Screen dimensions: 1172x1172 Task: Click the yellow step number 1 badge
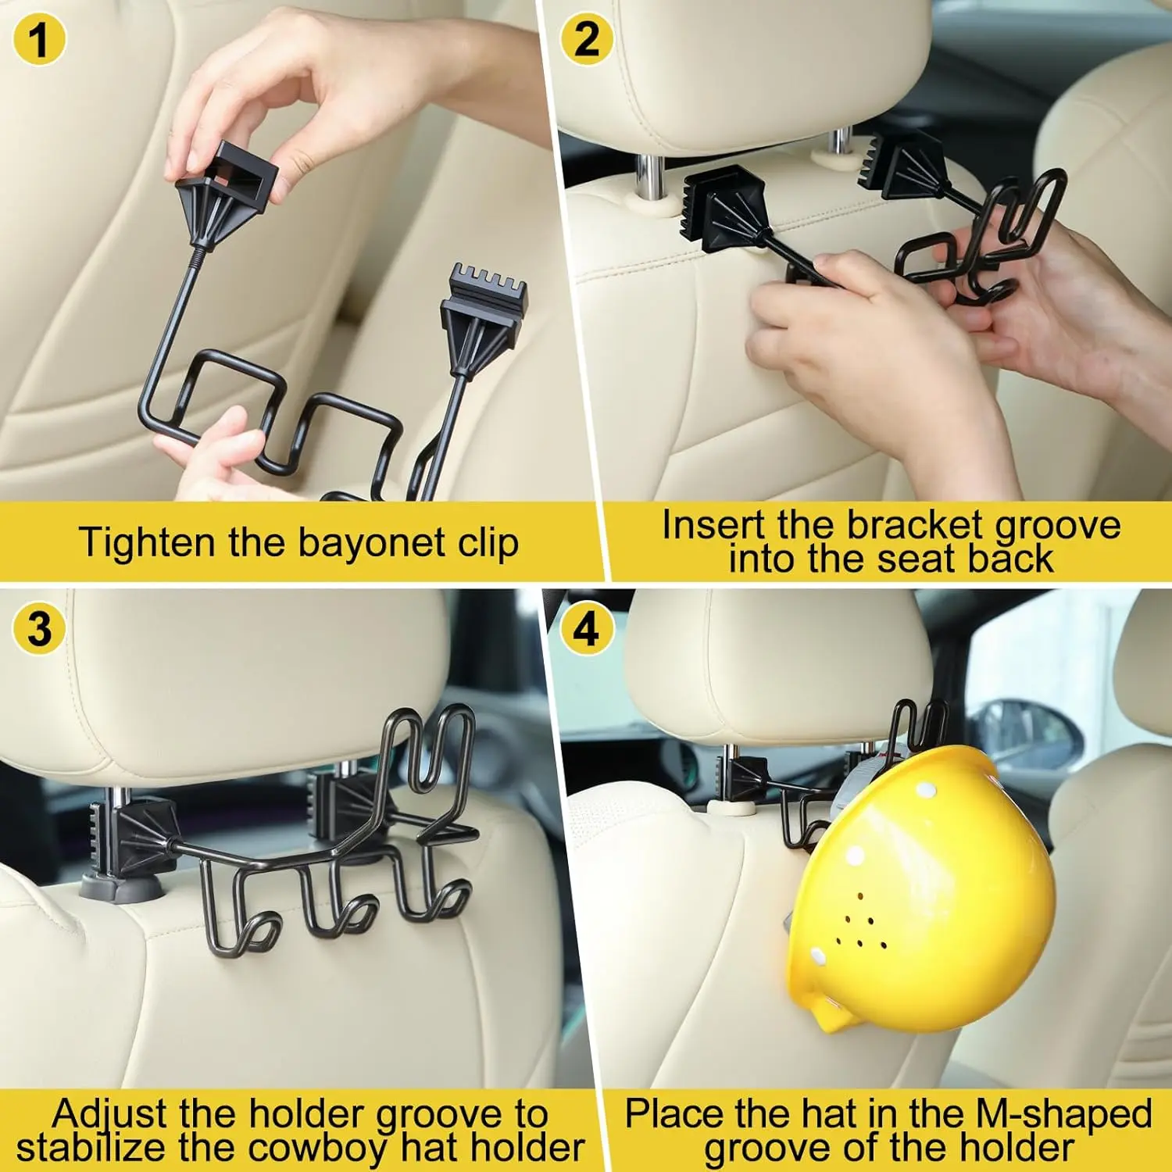[39, 39]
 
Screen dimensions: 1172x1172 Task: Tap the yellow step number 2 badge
[587, 39]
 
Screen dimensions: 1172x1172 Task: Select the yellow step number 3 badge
[39, 629]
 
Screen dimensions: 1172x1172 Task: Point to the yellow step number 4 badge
[587, 629]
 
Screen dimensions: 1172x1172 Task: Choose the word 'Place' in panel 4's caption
[677, 1114]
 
